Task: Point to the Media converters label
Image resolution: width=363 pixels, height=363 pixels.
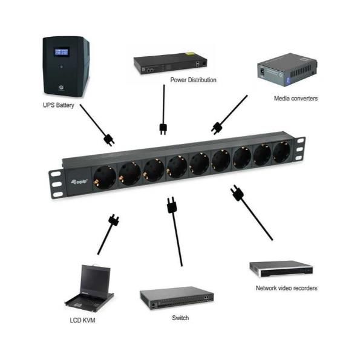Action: point(295,98)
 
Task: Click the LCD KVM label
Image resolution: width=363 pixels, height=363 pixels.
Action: point(82,320)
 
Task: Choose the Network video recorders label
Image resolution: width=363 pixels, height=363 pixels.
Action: point(286,288)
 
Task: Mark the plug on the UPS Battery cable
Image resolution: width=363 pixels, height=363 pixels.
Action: point(109,140)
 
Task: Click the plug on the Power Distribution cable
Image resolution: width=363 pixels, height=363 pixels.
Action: point(163,128)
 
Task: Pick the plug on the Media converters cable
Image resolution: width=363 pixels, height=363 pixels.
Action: point(216,127)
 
